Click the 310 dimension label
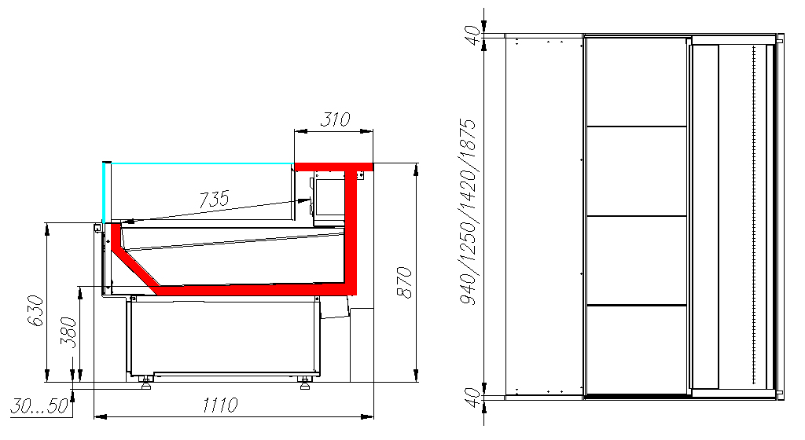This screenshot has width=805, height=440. (x=335, y=119)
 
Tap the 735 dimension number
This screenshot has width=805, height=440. (x=214, y=199)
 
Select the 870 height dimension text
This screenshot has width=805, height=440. (x=405, y=282)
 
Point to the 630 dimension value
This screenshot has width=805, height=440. (x=35, y=310)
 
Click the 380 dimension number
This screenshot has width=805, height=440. (x=68, y=333)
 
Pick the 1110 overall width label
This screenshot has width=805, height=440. (x=220, y=405)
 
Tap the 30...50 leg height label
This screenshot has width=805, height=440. (x=39, y=405)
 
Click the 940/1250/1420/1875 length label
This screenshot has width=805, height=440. (x=469, y=212)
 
